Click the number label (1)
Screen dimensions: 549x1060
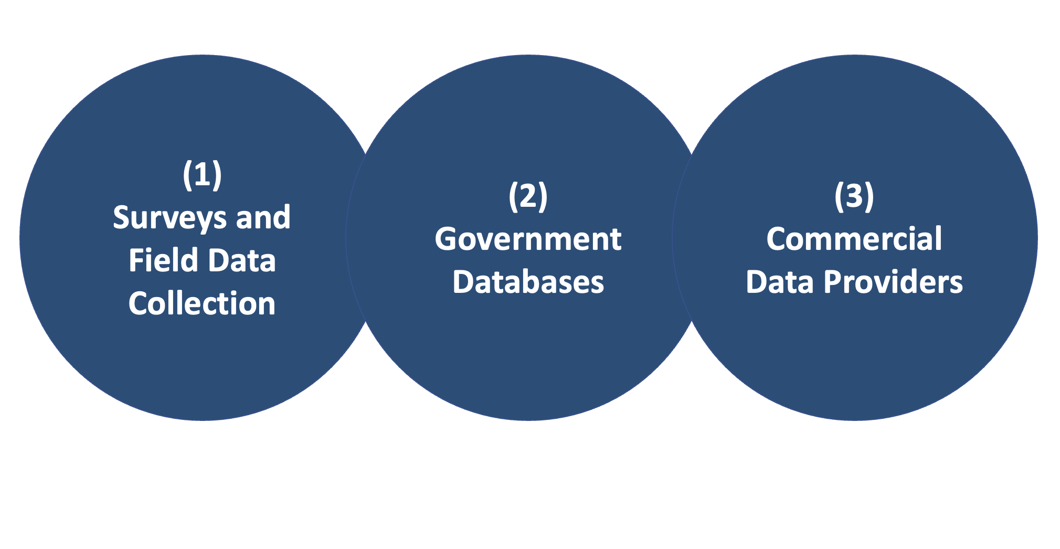click(x=202, y=175)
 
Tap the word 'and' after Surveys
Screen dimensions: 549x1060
click(x=263, y=217)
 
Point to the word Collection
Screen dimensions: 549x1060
click(x=202, y=304)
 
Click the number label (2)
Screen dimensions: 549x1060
click(x=528, y=196)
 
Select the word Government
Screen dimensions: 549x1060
click(x=528, y=239)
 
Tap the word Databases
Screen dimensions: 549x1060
click(x=528, y=282)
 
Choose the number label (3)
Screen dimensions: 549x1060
click(x=854, y=196)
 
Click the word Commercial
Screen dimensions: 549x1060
click(x=854, y=239)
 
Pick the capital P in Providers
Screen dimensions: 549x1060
click(x=833, y=282)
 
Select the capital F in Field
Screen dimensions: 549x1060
click(x=135, y=261)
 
